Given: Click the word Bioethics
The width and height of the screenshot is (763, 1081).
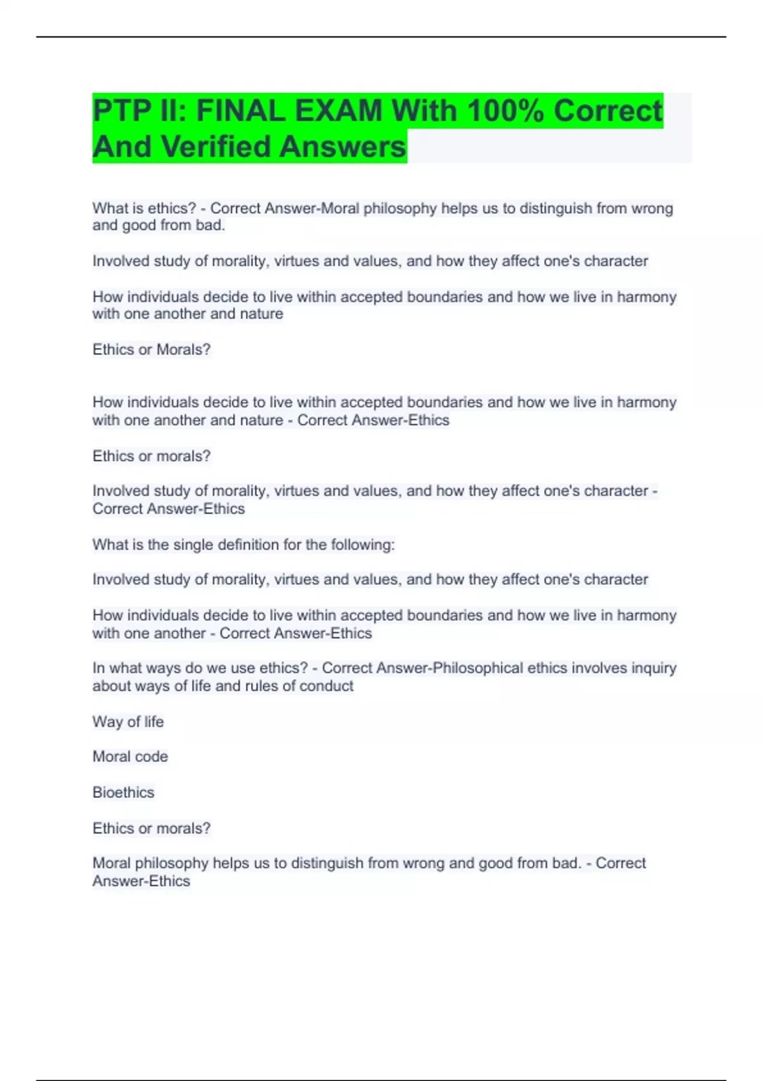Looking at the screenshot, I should click(123, 792).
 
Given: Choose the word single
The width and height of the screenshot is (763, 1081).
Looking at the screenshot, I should click(192, 545).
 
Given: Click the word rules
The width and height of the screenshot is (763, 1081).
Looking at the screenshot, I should click(262, 686).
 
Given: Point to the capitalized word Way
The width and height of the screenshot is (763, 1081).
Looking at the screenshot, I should click(107, 722).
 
